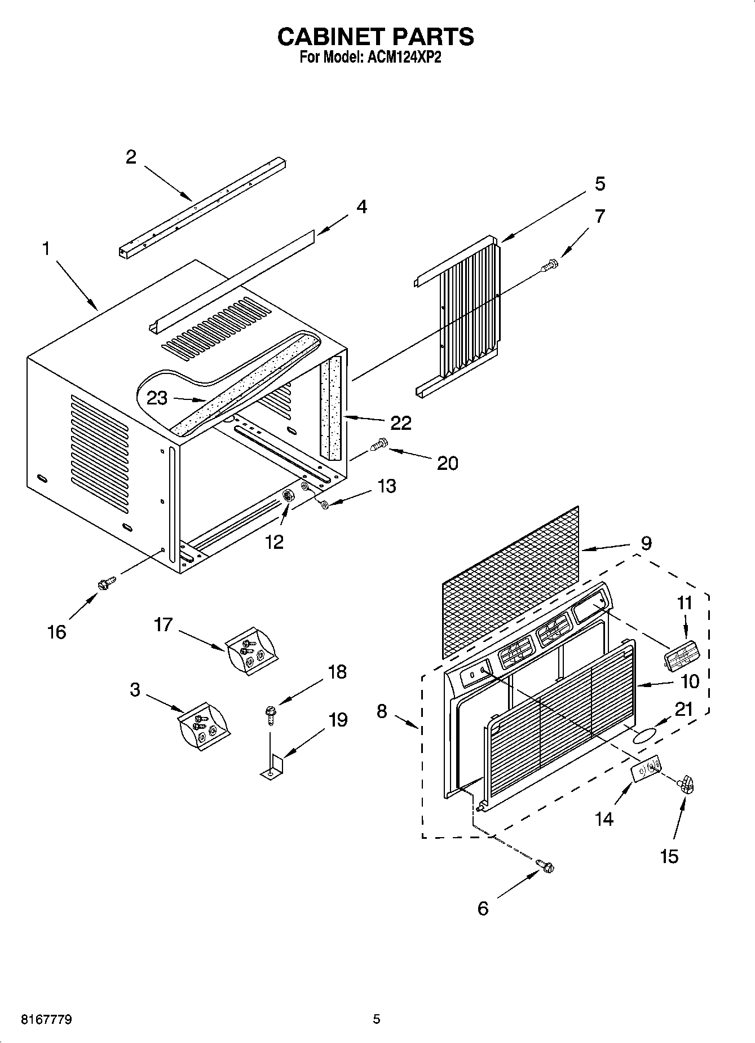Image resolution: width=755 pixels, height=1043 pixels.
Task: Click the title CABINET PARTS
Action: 376,37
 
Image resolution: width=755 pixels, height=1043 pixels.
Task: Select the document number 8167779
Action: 46,1019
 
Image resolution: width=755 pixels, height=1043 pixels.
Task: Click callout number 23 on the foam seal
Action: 157,398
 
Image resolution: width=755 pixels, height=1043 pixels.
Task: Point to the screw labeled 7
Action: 550,264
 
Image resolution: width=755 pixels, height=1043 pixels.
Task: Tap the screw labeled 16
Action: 106,583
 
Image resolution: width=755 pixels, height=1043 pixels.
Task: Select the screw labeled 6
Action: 546,865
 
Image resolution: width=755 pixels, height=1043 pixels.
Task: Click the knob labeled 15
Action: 686,784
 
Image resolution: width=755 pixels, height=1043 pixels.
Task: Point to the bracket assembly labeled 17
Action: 251,652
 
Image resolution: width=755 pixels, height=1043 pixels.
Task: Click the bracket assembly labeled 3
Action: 204,728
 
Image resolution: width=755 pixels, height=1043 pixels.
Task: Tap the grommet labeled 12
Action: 289,496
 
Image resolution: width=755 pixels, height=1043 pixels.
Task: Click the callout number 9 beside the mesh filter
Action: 646,543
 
